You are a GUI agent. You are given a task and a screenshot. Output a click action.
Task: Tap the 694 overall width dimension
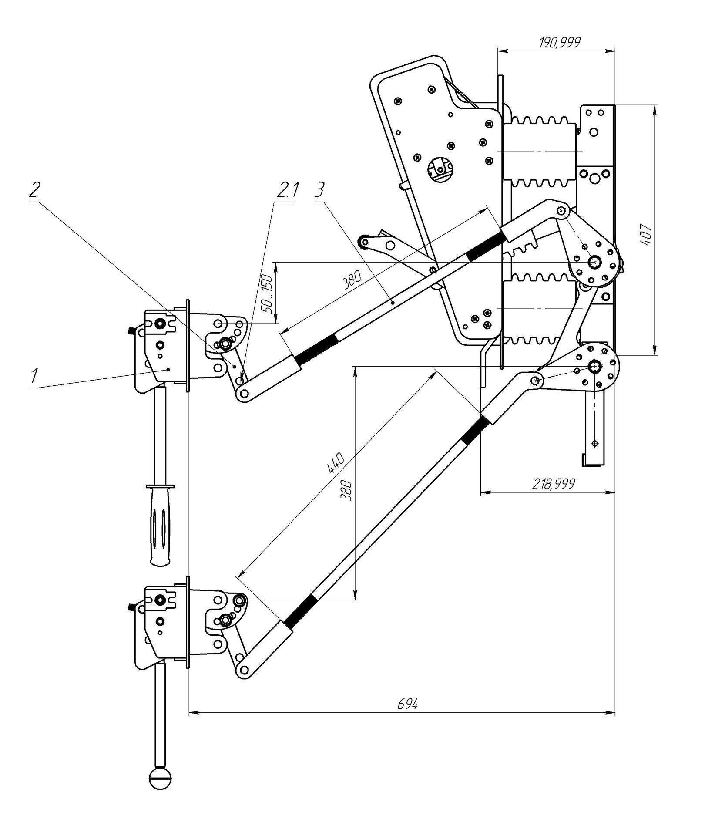pos(407,704)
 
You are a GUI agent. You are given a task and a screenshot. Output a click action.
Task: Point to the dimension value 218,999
pos(553,483)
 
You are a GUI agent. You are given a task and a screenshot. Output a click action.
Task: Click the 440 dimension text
pos(336,463)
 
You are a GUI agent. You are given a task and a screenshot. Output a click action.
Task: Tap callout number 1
pos(34,375)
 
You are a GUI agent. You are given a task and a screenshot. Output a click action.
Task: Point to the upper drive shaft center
pos(594,262)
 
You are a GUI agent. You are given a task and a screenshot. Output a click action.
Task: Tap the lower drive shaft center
pos(594,367)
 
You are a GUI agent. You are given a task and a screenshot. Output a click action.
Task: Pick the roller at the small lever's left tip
pos(363,240)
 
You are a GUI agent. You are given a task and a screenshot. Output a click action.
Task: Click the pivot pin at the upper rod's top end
pos(561,211)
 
